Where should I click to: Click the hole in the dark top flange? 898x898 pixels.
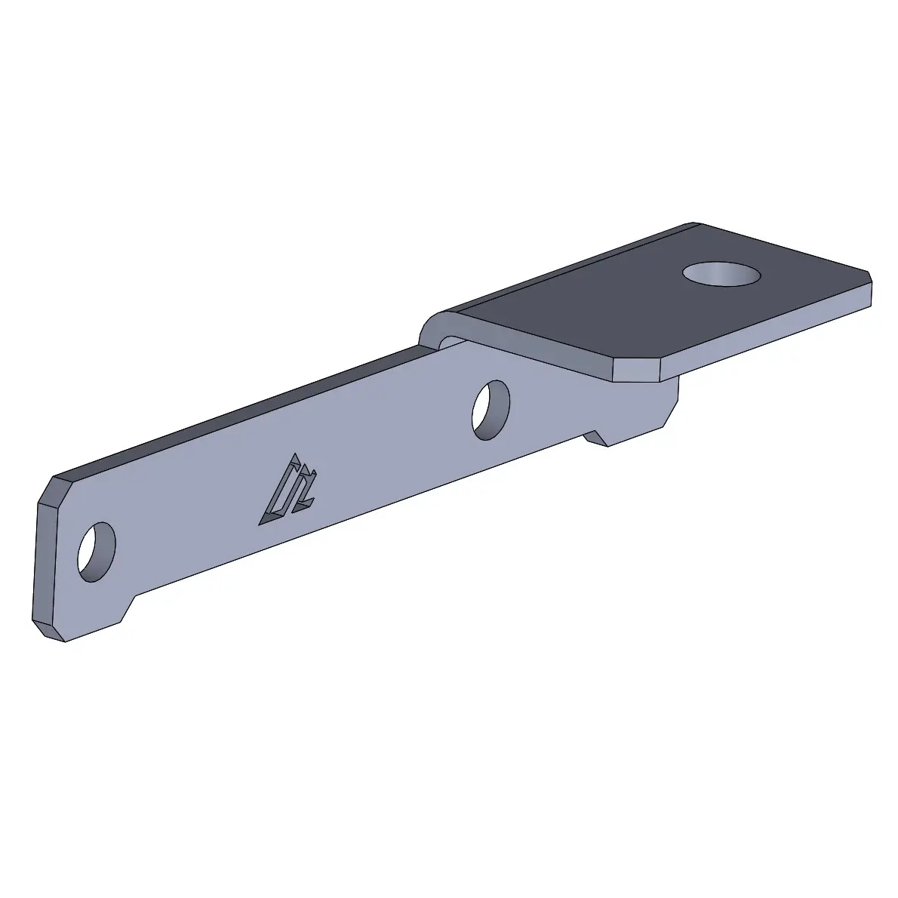point(721,273)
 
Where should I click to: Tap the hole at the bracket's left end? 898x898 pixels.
point(97,551)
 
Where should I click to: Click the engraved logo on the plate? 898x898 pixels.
point(288,492)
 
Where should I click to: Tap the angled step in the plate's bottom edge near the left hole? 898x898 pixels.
point(128,608)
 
